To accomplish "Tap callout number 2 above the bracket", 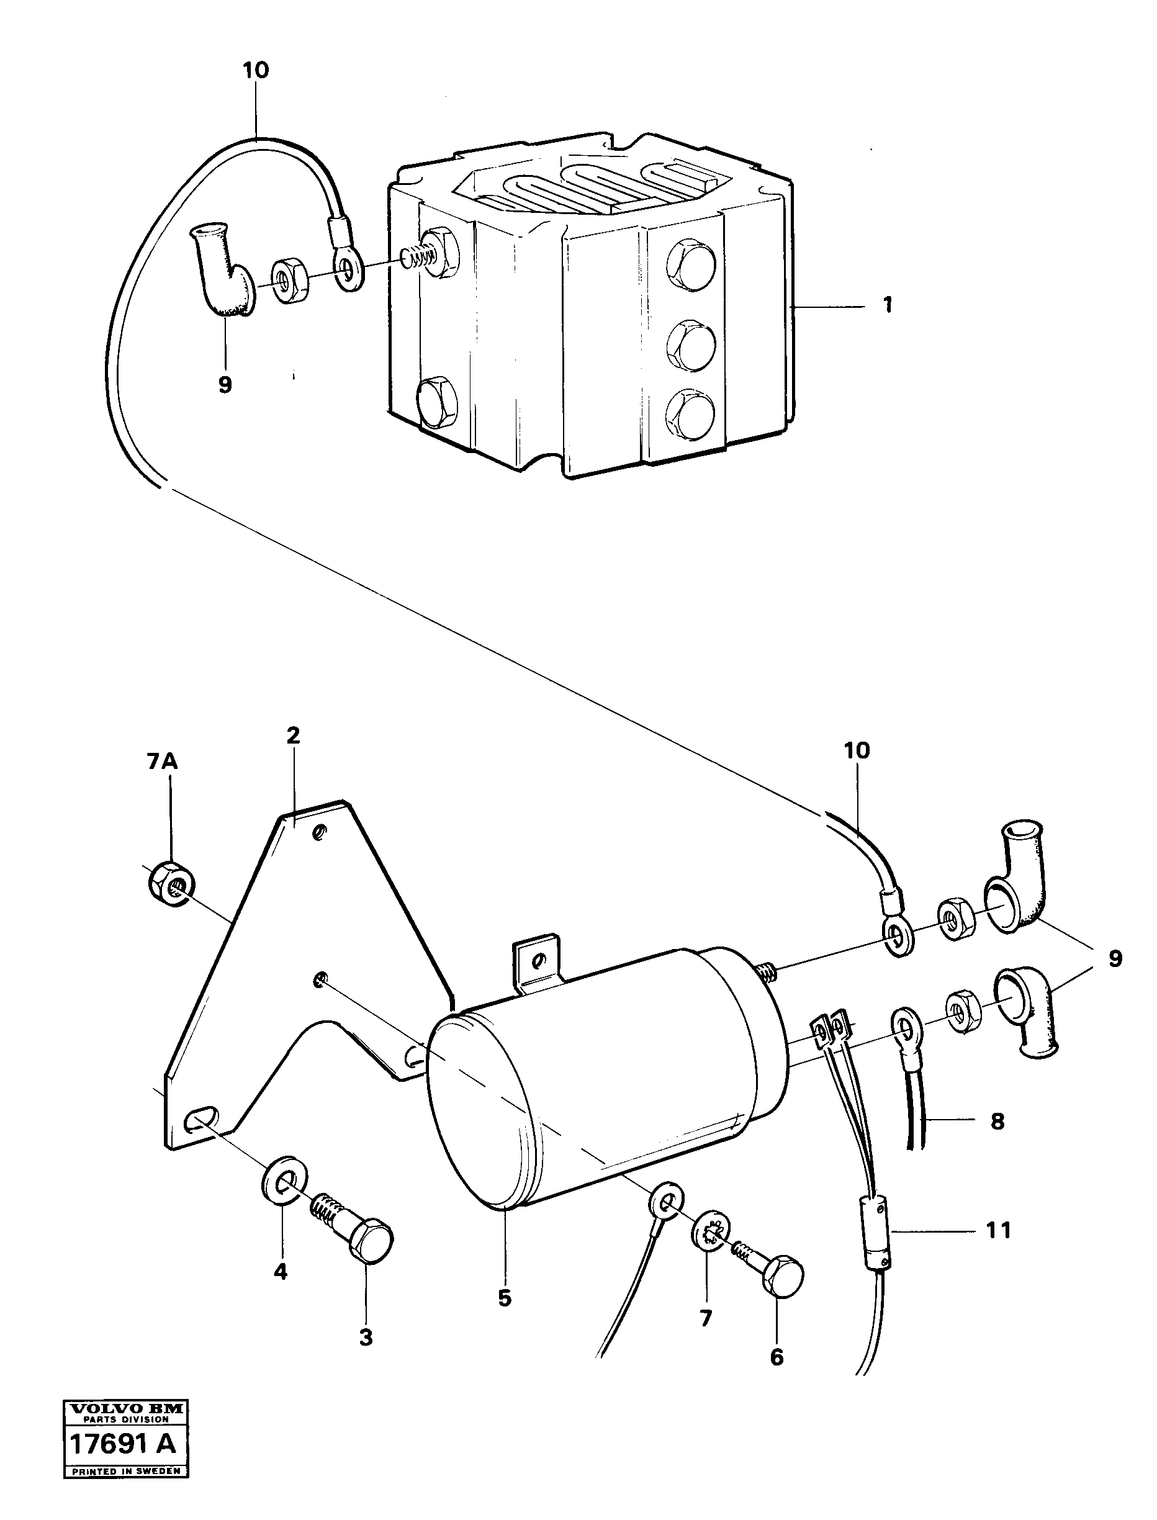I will pyautogui.click(x=294, y=735).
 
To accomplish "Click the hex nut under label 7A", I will pyautogui.click(x=171, y=884).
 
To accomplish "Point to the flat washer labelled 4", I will pyautogui.click(x=285, y=1183).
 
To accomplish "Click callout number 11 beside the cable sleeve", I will pyautogui.click(x=999, y=1230).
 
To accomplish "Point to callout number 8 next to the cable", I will pyautogui.click(x=997, y=1122).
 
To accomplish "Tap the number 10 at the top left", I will pyautogui.click(x=256, y=70).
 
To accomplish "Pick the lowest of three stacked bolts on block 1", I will pyautogui.click(x=690, y=412).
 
